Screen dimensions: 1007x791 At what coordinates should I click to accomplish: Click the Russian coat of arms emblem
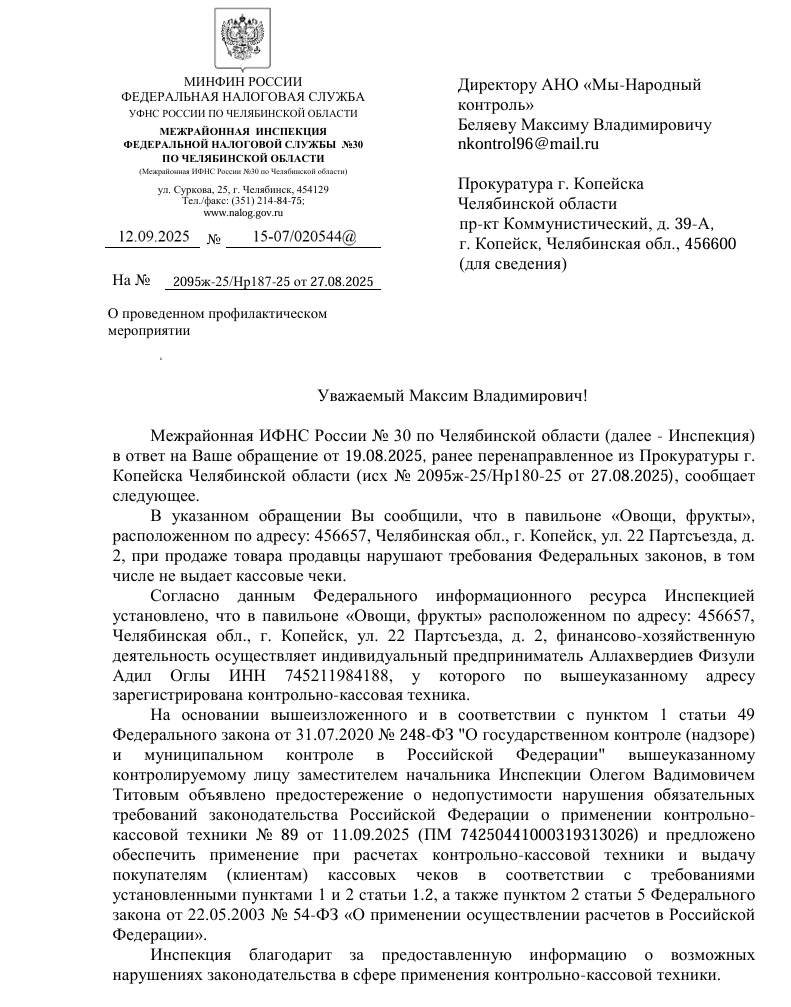click(242, 40)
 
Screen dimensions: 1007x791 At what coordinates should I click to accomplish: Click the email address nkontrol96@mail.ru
click(528, 144)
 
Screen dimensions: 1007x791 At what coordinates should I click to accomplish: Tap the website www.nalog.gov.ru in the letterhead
click(242, 213)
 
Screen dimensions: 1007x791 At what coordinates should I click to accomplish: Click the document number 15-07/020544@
click(304, 237)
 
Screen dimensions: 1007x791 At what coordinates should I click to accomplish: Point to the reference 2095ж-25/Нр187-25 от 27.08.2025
click(273, 283)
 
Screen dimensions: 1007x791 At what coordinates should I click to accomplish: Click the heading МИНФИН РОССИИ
click(243, 81)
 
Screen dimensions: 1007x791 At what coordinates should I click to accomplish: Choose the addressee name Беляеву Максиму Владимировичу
click(584, 125)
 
